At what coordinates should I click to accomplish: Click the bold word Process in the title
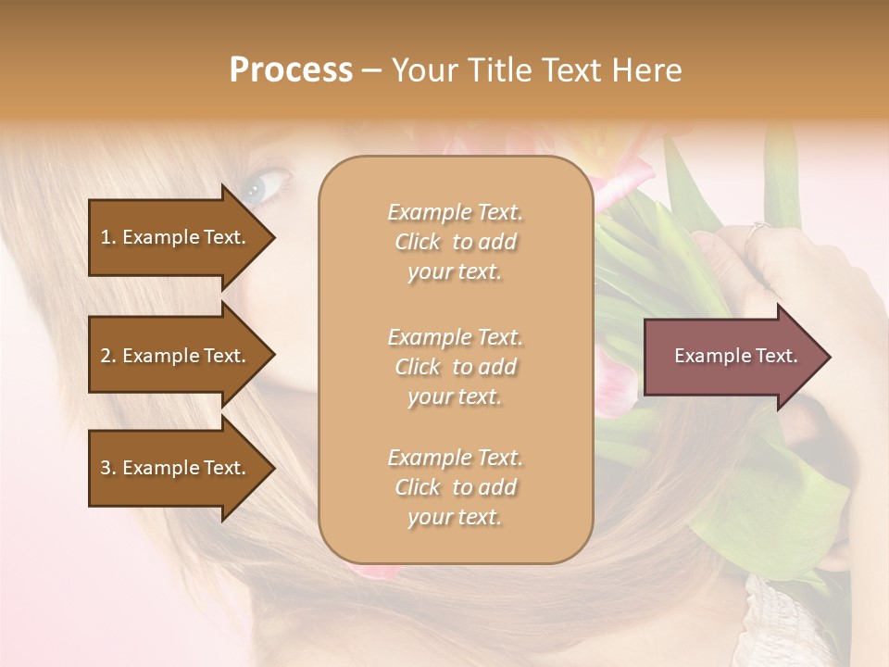tap(291, 70)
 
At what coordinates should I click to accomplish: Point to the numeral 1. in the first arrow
tap(108, 237)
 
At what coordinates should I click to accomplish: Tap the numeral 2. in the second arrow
tap(108, 356)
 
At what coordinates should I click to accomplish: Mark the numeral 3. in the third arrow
tap(108, 468)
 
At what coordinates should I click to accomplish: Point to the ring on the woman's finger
tap(759, 228)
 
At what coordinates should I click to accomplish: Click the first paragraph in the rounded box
tap(456, 242)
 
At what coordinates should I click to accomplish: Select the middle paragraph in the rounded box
tap(456, 367)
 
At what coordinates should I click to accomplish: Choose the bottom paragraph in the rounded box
tap(456, 487)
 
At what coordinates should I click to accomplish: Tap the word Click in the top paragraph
tap(418, 242)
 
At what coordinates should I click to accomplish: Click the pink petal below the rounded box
tap(375, 572)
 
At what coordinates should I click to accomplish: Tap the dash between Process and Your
tap(372, 71)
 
